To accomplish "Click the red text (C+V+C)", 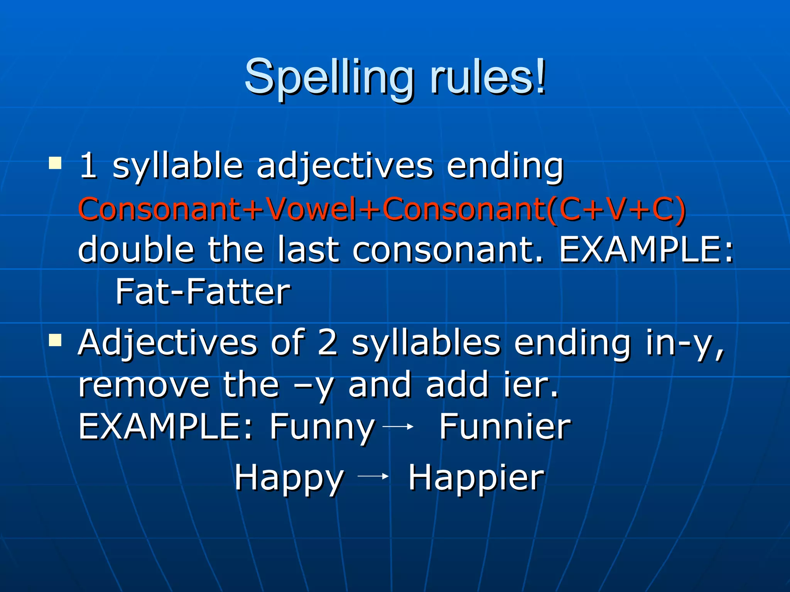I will (617, 209).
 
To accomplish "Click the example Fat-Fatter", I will (203, 292).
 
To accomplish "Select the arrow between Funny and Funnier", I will (398, 426).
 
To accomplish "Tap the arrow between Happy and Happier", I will (373, 477).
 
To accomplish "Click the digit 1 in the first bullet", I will (88, 166).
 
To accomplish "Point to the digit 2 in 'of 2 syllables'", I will (327, 343).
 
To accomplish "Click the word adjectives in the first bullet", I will (345, 166).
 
